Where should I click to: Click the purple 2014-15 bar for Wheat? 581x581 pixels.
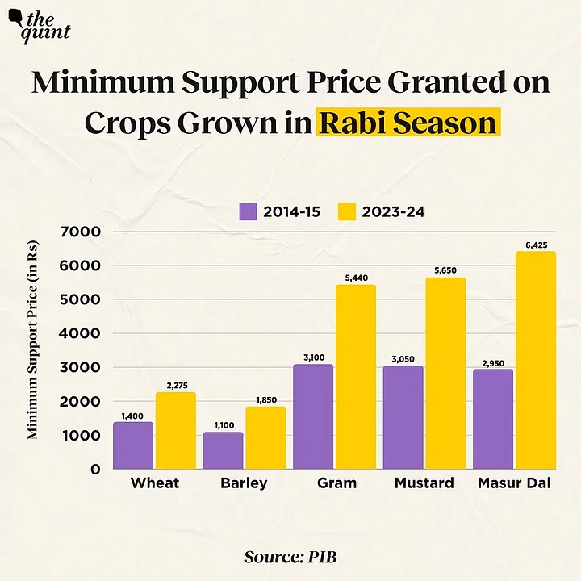[x=133, y=445]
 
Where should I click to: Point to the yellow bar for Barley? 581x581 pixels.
[x=265, y=438]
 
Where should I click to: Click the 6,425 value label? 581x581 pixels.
[x=536, y=243]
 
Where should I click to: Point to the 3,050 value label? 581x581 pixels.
[x=403, y=357]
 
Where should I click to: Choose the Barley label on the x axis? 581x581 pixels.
[x=245, y=483]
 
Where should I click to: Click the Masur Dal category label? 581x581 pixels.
[x=515, y=483]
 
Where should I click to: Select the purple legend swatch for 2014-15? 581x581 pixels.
[x=247, y=211]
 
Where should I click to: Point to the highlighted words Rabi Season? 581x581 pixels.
[x=407, y=123]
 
